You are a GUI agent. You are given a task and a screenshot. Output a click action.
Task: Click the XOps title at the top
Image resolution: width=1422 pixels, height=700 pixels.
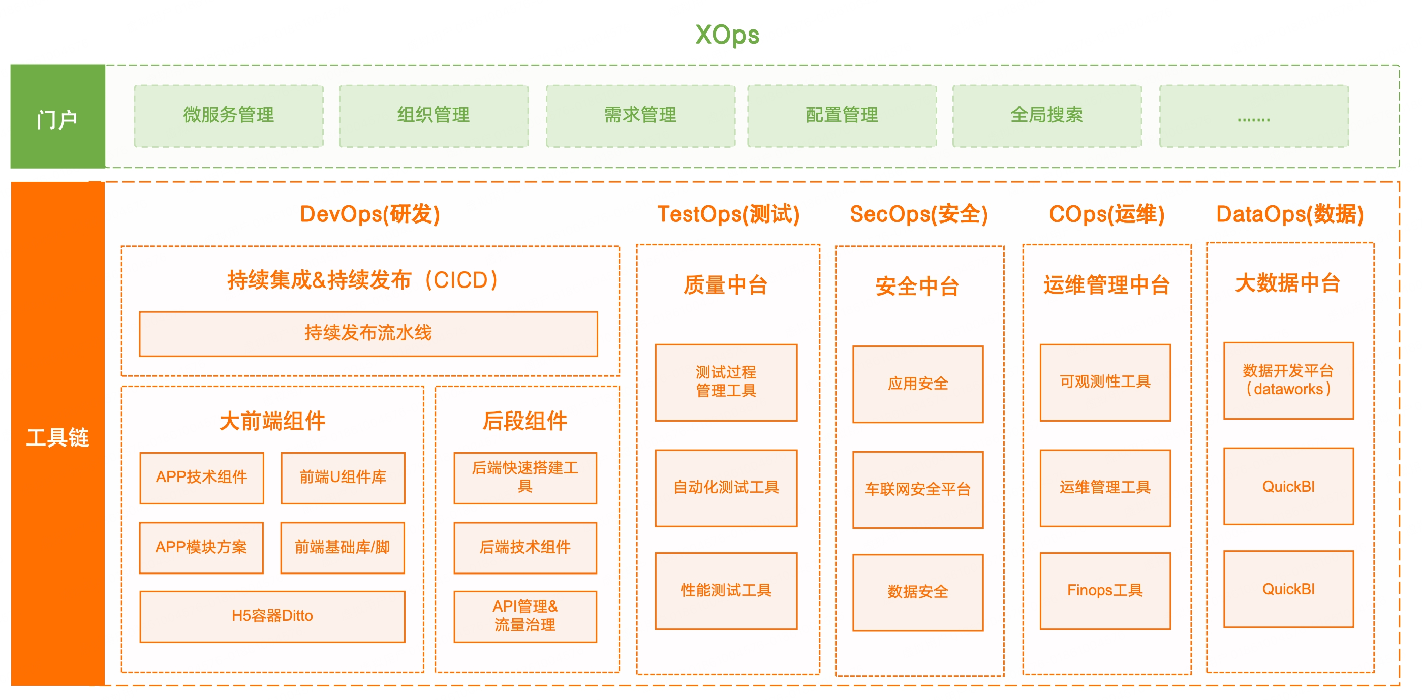(727, 35)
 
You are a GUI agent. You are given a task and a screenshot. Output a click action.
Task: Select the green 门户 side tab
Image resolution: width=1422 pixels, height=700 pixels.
(58, 116)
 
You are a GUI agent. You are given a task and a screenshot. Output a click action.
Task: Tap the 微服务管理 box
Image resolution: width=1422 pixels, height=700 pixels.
(229, 116)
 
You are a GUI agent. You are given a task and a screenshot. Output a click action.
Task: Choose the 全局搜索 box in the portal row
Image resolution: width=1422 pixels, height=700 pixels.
(1046, 116)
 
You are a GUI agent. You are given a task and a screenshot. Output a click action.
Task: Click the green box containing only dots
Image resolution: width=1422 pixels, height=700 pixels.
(1254, 116)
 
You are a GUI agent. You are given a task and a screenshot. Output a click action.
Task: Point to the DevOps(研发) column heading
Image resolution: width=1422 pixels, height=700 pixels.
(370, 214)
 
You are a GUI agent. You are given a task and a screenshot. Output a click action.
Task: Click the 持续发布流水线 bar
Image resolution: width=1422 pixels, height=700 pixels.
(368, 334)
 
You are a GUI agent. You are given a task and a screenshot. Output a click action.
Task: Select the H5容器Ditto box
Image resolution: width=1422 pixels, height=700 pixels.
(272, 616)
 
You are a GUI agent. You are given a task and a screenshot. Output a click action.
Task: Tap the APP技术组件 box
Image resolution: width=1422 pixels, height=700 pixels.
(201, 478)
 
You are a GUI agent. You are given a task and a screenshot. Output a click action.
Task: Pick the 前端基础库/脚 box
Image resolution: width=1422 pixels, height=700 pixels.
(342, 548)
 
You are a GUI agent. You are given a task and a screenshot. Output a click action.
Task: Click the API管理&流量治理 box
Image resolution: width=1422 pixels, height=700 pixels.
(525, 616)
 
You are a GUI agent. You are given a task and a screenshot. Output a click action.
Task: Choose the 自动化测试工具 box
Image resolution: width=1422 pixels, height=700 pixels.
(726, 488)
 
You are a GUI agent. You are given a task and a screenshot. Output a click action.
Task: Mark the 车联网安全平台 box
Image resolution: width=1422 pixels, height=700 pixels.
(917, 489)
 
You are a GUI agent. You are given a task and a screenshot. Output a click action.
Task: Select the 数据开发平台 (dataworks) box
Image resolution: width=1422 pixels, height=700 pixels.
(1288, 380)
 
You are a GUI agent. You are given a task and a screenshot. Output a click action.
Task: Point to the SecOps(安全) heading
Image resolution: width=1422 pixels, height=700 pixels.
(918, 214)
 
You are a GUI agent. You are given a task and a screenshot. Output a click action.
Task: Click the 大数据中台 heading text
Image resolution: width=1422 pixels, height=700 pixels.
(1288, 283)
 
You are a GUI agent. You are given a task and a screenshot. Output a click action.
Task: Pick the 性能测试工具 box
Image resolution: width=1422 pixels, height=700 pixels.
(726, 590)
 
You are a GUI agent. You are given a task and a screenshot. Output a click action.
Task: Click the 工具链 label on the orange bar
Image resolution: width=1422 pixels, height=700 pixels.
(58, 437)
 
